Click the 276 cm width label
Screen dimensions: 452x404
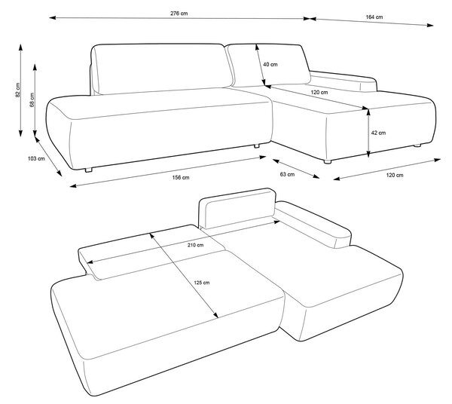tap(179, 14)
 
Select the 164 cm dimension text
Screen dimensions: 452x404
tap(374, 17)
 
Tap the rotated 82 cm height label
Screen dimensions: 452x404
tap(18, 90)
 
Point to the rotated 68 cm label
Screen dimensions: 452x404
tap(32, 99)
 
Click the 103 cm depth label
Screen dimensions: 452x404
tap(36, 158)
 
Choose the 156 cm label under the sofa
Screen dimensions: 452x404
tap(181, 177)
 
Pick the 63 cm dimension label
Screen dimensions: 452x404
tap(288, 174)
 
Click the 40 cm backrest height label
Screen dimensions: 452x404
tap(270, 64)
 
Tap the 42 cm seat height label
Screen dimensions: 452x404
tap(378, 133)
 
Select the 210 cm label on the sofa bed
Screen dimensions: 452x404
tap(195, 245)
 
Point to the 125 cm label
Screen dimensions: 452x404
tap(201, 283)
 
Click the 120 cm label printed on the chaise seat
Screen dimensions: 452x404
tap(319, 93)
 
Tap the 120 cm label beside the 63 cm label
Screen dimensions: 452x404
tap(395, 175)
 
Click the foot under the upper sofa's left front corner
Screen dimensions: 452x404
tap(88, 170)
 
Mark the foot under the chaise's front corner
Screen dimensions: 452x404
tap(327, 161)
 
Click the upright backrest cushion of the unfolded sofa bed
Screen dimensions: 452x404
tap(237, 208)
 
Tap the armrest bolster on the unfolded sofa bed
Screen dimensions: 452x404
tap(313, 225)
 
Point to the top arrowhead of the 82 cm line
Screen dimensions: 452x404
tap(20, 47)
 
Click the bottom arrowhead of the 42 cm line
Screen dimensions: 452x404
tap(368, 155)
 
